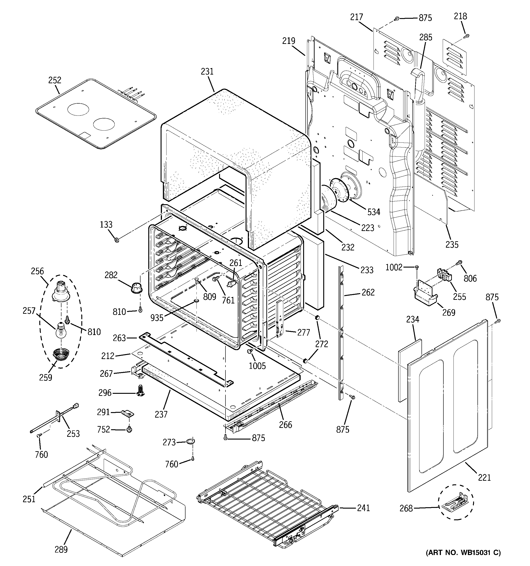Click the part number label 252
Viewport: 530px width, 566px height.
point(55,80)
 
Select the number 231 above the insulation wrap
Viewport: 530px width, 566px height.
point(207,71)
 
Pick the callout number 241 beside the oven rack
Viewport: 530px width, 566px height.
point(363,508)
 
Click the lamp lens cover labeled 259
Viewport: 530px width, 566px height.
point(59,355)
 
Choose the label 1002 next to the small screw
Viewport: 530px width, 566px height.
point(394,267)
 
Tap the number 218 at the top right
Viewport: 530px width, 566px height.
point(460,16)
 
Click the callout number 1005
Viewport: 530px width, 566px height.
point(257,366)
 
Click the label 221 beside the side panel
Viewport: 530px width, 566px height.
point(485,477)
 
